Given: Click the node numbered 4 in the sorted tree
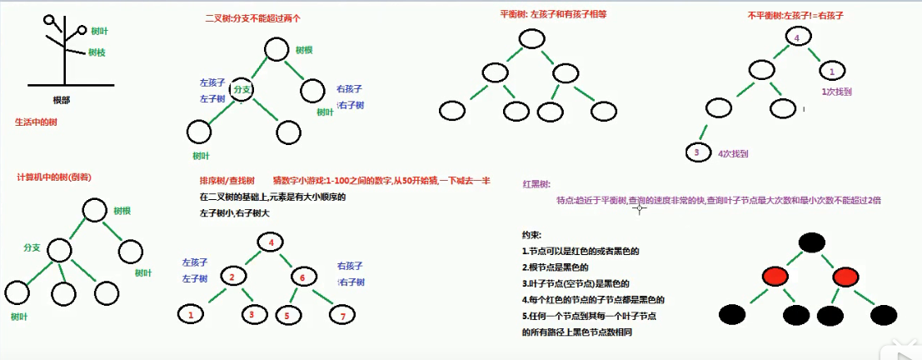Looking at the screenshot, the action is click(271, 242).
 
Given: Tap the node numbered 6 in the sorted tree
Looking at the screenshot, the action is click(303, 276).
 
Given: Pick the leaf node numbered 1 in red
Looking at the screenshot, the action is click(191, 314).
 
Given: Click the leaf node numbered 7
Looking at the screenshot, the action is click(341, 315).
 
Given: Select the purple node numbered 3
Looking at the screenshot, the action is click(696, 152).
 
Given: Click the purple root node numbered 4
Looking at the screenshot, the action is click(797, 37).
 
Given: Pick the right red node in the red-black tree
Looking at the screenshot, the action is click(845, 276).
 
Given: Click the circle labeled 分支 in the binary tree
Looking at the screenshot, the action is click(242, 88).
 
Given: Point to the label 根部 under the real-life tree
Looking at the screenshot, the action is click(62, 100).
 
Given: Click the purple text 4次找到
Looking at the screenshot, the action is click(733, 153).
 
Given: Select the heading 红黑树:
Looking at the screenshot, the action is click(536, 182).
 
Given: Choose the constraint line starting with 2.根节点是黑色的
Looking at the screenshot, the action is click(556, 267).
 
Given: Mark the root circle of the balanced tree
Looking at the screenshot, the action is click(530, 38).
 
